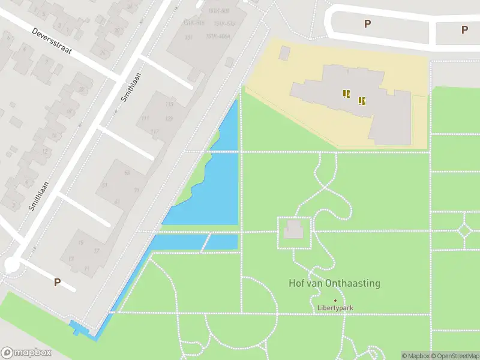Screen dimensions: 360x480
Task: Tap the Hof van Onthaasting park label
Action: pyautogui.click(x=335, y=283)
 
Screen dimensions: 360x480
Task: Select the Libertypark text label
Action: pyautogui.click(x=335, y=308)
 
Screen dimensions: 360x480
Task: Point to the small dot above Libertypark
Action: pyautogui.click(x=335, y=300)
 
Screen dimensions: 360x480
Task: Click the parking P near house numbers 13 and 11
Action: pyautogui.click(x=58, y=282)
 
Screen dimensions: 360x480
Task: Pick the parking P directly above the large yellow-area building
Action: pyautogui.click(x=367, y=24)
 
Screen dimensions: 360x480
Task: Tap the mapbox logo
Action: pyautogui.click(x=25, y=353)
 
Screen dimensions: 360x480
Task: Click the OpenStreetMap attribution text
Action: pyautogui.click(x=453, y=356)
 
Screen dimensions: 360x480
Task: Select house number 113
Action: pyautogui.click(x=169, y=104)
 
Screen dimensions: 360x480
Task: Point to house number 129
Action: pyautogui.click(x=169, y=119)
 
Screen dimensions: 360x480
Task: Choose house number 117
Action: pyautogui.click(x=155, y=132)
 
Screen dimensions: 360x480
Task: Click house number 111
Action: pyautogui.click(x=145, y=118)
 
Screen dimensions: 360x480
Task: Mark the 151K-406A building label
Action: pyautogui.click(x=218, y=36)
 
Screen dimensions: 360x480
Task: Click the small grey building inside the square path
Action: pyautogui.click(x=293, y=229)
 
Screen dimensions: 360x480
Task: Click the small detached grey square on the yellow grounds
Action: pyautogui.click(x=284, y=53)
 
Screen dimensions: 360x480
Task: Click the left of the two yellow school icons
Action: pyautogui.click(x=346, y=94)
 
